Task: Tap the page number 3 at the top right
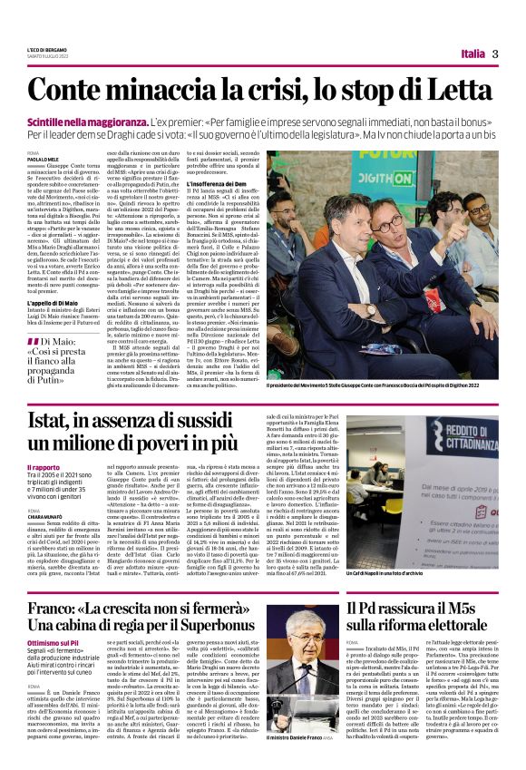click(495, 54)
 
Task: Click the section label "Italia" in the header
click(472, 54)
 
